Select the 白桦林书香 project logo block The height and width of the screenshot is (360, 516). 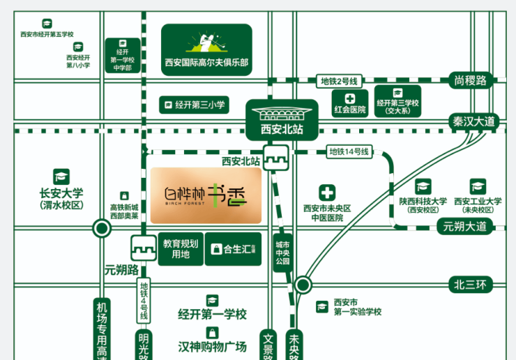click(x=206, y=195)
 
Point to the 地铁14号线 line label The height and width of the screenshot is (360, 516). click(x=350, y=151)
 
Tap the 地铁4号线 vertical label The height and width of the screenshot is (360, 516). click(x=144, y=301)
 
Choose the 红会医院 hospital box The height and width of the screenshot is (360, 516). click(x=349, y=103)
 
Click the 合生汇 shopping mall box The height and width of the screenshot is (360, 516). click(x=234, y=249)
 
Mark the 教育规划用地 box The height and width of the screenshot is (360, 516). click(x=181, y=249)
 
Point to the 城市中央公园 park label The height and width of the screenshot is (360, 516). click(x=282, y=253)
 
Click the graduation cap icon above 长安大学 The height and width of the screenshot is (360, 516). click(x=61, y=177)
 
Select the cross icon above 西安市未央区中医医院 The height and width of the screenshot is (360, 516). click(x=327, y=193)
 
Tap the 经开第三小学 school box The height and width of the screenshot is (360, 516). click(x=195, y=105)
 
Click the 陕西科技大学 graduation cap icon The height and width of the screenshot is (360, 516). click(x=423, y=186)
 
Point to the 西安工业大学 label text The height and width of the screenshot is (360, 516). click(x=478, y=201)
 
